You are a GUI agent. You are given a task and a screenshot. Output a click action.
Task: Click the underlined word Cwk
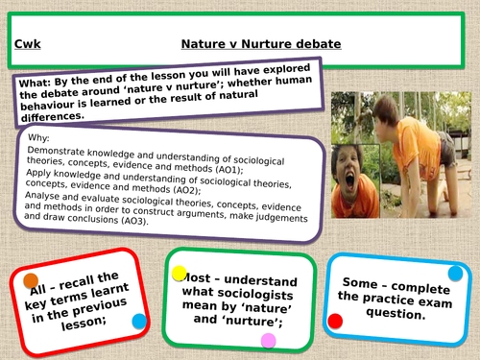coord(28,44)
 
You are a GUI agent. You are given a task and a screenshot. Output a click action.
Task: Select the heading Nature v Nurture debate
coord(261,44)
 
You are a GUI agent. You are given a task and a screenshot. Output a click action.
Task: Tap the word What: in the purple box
coord(35,84)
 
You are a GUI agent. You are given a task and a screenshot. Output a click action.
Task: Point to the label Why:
coord(38,138)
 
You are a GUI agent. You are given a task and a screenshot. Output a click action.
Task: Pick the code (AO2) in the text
coord(187,190)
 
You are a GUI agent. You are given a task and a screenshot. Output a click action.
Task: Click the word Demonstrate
coord(56,151)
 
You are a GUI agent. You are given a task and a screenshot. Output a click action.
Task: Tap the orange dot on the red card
coord(31,280)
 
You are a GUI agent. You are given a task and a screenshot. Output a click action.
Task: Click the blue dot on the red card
coord(139,321)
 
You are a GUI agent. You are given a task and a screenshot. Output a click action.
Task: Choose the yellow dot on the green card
coord(180,274)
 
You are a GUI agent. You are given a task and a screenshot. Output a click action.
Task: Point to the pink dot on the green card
coord(269,341)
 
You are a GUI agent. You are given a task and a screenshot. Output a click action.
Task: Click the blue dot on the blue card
coord(455,274)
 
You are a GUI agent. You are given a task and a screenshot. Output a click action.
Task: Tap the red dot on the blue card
coord(335,321)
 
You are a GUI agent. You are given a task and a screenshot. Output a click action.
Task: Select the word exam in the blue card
coord(435,301)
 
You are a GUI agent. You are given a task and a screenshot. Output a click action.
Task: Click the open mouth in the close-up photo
coord(349,181)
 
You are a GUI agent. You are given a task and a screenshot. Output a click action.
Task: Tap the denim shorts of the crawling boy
coord(449,150)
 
